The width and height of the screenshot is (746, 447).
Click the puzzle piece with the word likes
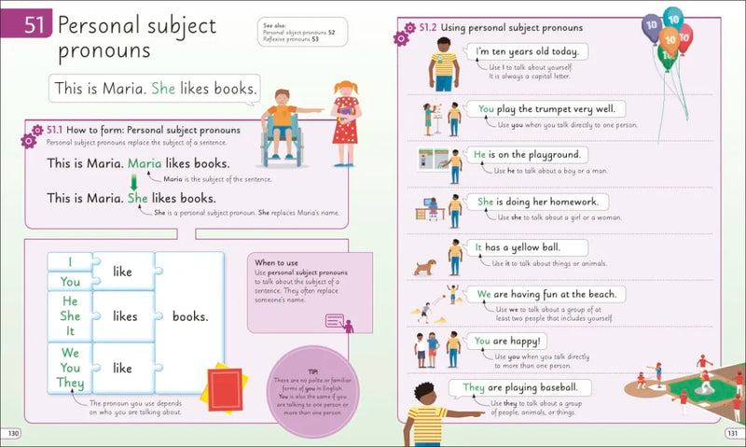click(125, 316)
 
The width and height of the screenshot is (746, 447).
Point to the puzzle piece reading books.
click(190, 316)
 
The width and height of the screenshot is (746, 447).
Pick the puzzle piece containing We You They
click(71, 367)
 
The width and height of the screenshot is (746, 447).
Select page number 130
click(13, 433)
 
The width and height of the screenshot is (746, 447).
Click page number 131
click(732, 433)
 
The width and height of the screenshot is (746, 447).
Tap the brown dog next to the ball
click(425, 268)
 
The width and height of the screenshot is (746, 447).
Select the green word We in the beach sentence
click(485, 294)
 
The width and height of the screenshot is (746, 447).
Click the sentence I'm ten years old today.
click(527, 52)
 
